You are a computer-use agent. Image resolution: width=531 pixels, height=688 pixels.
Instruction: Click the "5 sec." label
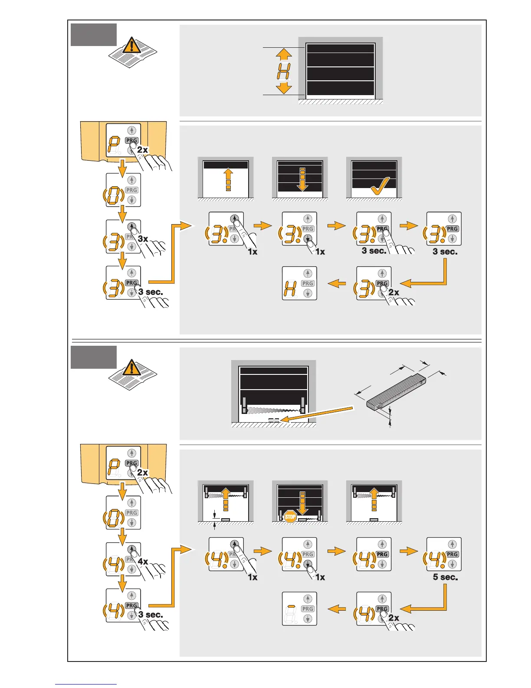pos(445,577)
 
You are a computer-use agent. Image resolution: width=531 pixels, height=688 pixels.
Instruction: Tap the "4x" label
pos(143,562)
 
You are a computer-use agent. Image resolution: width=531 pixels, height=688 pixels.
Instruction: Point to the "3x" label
pos(143,239)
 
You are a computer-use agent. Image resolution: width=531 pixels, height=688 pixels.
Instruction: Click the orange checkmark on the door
pos(380,185)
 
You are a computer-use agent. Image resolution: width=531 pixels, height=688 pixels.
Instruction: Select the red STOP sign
pos(290,517)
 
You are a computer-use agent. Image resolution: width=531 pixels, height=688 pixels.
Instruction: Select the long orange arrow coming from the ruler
pos(317,414)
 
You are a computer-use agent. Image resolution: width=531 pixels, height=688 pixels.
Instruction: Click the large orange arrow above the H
pos(284,54)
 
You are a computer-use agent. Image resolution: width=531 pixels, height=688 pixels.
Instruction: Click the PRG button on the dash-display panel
pos(308,609)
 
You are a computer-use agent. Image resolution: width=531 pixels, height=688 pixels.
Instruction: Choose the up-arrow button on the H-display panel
pos(308,273)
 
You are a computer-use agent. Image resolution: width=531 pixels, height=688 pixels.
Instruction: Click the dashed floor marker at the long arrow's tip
pos(274,420)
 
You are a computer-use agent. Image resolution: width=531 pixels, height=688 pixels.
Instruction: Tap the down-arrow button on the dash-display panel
pos(308,619)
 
